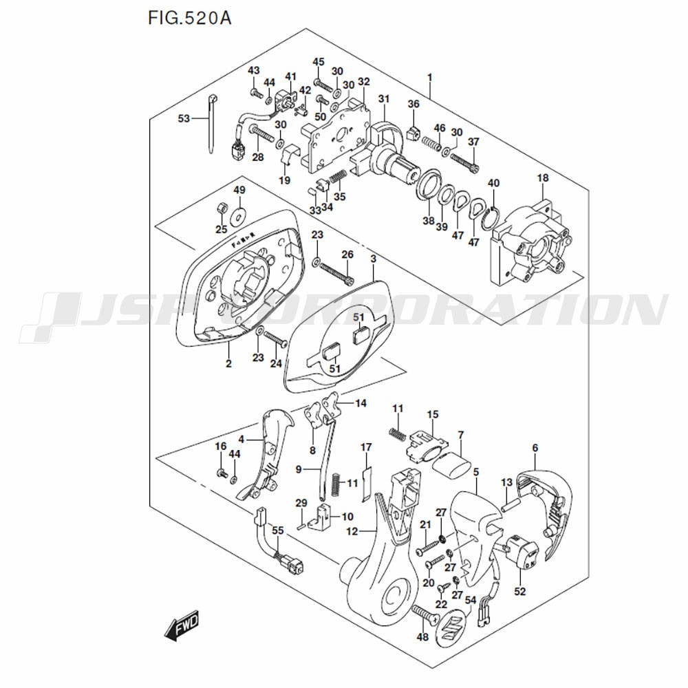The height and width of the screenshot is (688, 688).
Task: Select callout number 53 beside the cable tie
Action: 184,119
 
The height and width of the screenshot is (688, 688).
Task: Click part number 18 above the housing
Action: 543,178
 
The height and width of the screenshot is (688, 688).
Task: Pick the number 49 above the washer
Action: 239,190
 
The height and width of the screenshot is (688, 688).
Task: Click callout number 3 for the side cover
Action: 373,259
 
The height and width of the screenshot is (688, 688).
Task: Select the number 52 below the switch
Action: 519,591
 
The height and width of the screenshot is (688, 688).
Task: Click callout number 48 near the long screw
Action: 422,637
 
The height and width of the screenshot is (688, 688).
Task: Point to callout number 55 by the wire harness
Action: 277,530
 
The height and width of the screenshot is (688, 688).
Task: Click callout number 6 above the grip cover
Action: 535,449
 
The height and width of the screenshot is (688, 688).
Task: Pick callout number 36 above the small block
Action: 413,103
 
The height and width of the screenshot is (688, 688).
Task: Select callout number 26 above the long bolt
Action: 348,255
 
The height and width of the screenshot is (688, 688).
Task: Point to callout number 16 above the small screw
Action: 220,447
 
